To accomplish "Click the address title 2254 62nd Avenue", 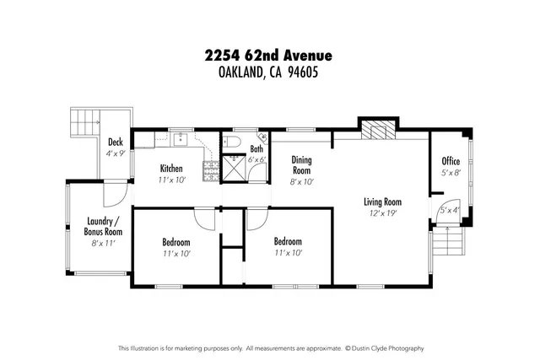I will click(268, 56).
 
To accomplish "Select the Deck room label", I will click(116, 143).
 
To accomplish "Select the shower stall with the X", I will click(234, 168).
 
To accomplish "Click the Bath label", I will click(256, 149).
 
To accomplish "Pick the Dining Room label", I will click(301, 164).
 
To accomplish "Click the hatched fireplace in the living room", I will click(375, 130).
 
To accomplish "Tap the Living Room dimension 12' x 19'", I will click(381, 213).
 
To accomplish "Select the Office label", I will click(451, 161).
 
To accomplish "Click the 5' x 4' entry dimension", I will click(448, 210).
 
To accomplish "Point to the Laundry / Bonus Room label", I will click(104, 227).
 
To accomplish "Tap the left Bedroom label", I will click(176, 242).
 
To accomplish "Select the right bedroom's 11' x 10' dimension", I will click(288, 252).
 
